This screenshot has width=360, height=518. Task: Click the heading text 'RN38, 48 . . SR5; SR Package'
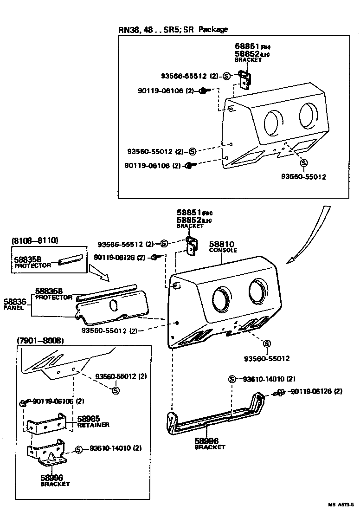(x=173, y=30)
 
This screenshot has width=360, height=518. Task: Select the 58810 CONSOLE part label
(x=223, y=246)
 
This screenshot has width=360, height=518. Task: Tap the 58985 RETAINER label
(x=93, y=421)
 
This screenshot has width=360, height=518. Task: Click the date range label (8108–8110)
(x=34, y=240)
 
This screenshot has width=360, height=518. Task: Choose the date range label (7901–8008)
(x=40, y=341)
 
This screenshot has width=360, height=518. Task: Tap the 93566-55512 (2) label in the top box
(x=189, y=76)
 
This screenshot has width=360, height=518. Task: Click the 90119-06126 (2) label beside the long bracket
(x=316, y=391)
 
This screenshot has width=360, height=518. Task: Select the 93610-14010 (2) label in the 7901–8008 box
(x=116, y=448)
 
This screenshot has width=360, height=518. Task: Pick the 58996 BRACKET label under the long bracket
(x=210, y=443)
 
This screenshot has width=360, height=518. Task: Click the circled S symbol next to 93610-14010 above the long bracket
(x=232, y=379)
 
